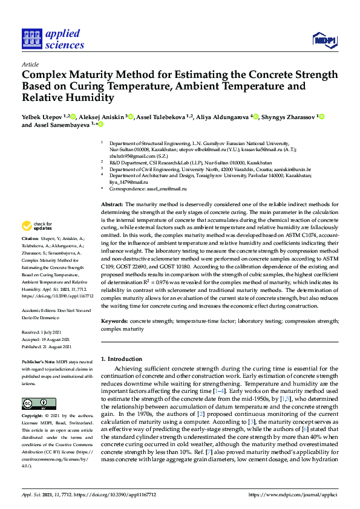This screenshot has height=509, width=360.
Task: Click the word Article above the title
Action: [x=30, y=63]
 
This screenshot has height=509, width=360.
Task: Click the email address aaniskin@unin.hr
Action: [x=292, y=170]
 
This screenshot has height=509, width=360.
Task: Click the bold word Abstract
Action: [x=111, y=206]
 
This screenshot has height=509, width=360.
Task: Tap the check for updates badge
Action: [x=36, y=226]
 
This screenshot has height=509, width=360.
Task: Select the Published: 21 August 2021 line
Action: [x=46, y=346]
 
